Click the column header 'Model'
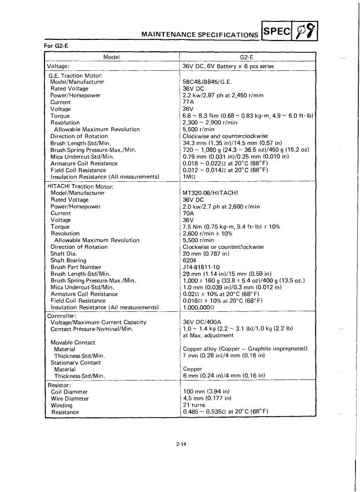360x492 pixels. coord(110,57)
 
